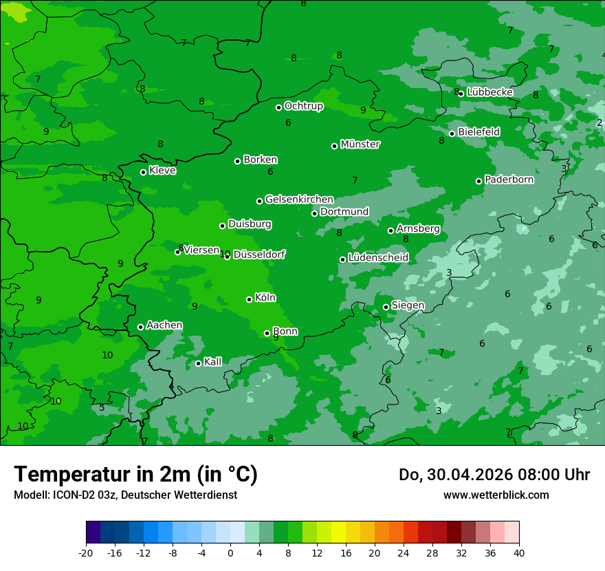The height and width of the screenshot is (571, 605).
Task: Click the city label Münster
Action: point(360,144)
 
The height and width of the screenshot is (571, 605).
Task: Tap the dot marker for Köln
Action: point(249,299)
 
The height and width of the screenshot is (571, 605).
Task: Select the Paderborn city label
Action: point(509,180)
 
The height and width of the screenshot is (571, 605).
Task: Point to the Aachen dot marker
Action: point(140,327)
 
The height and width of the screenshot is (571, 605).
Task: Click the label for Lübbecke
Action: point(490,92)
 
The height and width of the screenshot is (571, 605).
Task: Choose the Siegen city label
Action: point(408,305)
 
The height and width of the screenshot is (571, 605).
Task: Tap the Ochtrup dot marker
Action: point(278,107)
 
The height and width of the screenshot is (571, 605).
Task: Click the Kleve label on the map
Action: point(162,171)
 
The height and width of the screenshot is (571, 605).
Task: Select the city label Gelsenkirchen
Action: point(299,200)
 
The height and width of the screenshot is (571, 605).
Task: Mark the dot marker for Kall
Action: point(198,363)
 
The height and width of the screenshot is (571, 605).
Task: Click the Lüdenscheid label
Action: point(378,258)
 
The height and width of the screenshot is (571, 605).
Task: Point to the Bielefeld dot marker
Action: point(452,133)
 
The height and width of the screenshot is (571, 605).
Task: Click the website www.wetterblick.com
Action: point(496,495)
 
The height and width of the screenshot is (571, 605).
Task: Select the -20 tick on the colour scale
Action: point(86,553)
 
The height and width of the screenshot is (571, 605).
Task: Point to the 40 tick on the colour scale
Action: point(519,553)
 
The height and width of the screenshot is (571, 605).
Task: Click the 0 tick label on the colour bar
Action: point(230,553)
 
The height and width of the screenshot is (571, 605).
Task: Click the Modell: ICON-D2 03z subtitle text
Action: point(65,495)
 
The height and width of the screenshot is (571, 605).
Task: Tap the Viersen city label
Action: point(201,250)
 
